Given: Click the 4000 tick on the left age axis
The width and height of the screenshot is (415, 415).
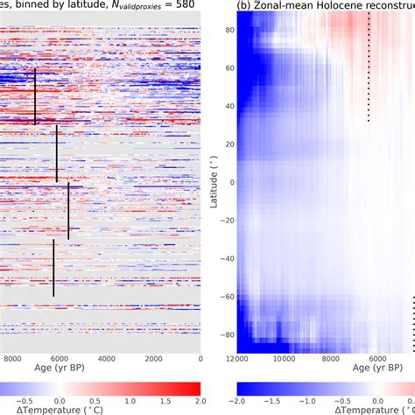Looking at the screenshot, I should (106, 358).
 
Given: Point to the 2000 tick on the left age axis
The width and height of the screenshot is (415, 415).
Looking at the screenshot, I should (153, 358).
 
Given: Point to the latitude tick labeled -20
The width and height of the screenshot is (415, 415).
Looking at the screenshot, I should (225, 221).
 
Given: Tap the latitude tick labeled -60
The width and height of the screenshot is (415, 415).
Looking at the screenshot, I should (225, 297).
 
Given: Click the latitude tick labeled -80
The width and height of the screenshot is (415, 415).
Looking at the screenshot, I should (225, 335).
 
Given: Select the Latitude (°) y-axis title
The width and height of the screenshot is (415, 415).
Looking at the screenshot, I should (213, 182).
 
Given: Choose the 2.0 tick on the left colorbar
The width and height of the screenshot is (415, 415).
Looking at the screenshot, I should (200, 400).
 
